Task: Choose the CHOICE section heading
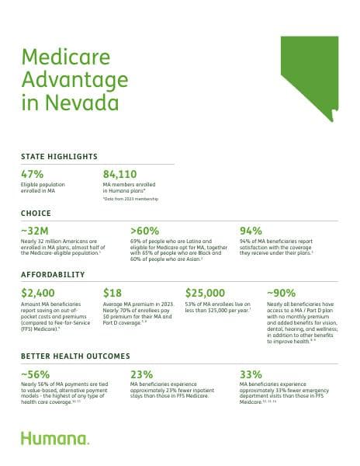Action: click(x=36, y=213)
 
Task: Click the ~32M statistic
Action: click(x=36, y=231)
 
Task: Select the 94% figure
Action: click(x=251, y=231)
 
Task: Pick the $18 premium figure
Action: click(x=114, y=293)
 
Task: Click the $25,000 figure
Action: click(x=205, y=293)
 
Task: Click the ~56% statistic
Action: click(x=36, y=374)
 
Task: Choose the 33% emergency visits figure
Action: click(x=251, y=374)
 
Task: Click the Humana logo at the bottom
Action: click(x=54, y=439)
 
